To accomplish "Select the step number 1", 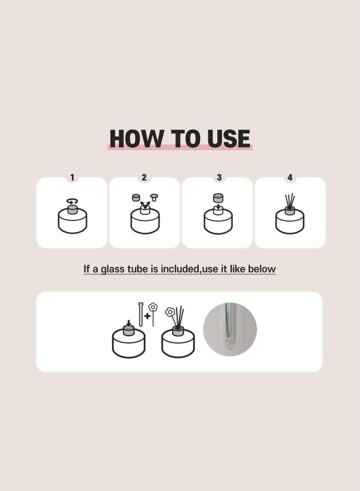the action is [x=72, y=178].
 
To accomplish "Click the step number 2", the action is [x=144, y=178].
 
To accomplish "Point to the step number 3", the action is [x=219, y=178].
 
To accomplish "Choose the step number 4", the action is [x=290, y=178].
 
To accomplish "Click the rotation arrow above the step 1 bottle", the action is [x=72, y=202].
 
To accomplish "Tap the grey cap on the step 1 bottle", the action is [x=72, y=209].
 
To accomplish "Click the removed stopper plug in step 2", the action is [x=154, y=198].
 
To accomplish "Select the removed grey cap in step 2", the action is [x=135, y=198].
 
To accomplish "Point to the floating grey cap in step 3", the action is [x=217, y=198].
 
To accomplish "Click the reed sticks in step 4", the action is [x=290, y=201].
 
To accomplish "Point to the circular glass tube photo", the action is [x=230, y=329].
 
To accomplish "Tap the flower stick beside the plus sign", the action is [x=153, y=314].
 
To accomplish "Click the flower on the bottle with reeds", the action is [x=170, y=311].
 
